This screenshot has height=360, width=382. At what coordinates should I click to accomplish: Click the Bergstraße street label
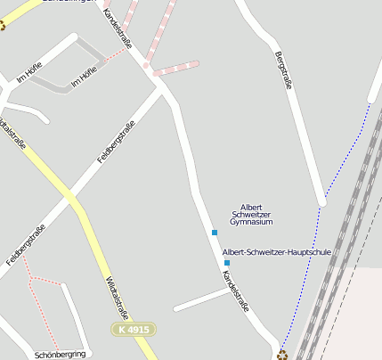[285, 72]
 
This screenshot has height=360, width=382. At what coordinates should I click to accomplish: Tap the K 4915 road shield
[134, 330]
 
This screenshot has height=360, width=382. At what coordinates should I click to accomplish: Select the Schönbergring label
[60, 354]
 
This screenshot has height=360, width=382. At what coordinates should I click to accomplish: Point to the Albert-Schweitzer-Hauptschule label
[276, 252]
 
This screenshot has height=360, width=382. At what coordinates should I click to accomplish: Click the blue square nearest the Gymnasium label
[214, 233]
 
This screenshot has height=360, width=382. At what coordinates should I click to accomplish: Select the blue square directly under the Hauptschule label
[227, 263]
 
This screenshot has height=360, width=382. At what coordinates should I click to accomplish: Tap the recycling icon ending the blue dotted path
[282, 355]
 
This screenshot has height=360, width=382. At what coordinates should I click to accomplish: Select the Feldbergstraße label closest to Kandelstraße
[114, 146]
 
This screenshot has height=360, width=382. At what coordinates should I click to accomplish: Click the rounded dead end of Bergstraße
[322, 201]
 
